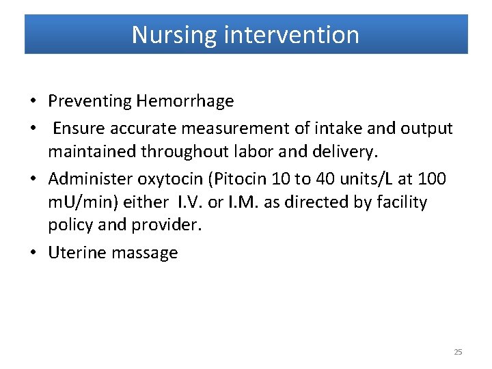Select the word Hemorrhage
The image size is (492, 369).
185,101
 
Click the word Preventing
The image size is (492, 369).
89,101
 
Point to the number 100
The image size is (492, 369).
431,179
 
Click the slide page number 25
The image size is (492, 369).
458,352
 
